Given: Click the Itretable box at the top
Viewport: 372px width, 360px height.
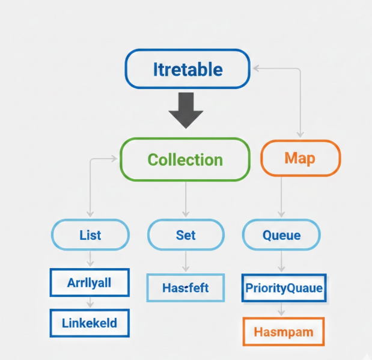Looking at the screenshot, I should [187, 69].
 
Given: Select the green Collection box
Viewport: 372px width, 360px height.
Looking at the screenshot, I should [185, 159].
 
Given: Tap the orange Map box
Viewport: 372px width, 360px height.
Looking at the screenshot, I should [300, 158].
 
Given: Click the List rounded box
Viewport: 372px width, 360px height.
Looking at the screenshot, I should [90, 234].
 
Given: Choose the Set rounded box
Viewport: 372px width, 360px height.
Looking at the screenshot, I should [186, 234].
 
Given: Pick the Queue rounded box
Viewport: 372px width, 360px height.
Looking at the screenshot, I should [281, 234].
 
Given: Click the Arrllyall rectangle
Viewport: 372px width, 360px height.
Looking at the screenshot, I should [90, 282].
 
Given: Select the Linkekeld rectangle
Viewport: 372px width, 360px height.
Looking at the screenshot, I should [90, 323].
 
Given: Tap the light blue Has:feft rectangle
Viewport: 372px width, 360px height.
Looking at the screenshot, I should [185, 288].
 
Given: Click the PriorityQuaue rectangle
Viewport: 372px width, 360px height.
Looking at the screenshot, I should [284, 288].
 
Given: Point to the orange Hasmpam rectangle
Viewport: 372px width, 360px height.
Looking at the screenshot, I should [284, 331].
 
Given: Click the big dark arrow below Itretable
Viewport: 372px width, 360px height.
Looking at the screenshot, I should [186, 110].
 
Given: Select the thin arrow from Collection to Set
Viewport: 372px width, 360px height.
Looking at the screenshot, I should [186, 198].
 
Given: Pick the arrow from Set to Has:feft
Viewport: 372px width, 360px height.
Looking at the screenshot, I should [186, 261].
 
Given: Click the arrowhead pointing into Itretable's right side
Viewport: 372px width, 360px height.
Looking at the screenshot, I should [255, 68].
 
